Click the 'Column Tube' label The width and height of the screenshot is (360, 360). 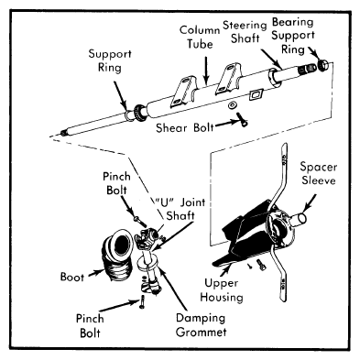click(x=200, y=38)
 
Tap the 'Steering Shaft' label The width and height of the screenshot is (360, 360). click(x=245, y=32)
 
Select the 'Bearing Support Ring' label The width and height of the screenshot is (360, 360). click(x=293, y=36)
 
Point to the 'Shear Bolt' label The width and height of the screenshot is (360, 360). click(x=185, y=127)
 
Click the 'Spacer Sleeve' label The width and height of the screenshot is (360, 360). click(x=319, y=173)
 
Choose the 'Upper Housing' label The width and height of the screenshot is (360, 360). click(x=222, y=290)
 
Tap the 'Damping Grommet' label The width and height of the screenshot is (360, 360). click(x=202, y=325)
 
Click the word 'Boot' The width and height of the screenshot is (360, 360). click(x=72, y=277)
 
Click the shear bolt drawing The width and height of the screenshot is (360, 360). click(x=242, y=119)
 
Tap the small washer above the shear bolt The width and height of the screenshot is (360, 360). click(x=233, y=105)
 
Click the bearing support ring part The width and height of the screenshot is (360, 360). click(x=322, y=65)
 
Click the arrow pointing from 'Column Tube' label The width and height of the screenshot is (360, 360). click(x=207, y=70)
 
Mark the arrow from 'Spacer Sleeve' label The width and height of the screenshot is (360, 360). click(x=309, y=202)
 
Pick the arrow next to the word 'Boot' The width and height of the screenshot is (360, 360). click(x=96, y=273)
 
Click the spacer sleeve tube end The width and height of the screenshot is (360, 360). click(x=299, y=220)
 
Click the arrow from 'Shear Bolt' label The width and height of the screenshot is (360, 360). click(x=226, y=124)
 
